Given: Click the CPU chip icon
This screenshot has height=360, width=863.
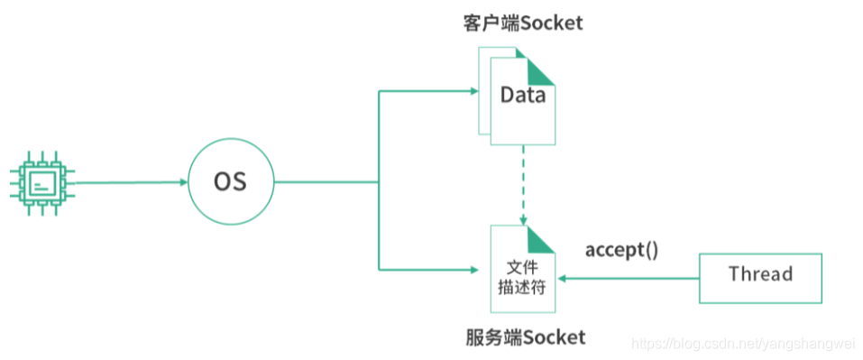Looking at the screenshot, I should click(x=41, y=183).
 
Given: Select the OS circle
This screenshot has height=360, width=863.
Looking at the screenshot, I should click(x=230, y=181).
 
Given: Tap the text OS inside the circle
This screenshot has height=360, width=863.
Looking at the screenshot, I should click(x=230, y=181).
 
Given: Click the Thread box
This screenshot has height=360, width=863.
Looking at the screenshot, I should click(x=760, y=274).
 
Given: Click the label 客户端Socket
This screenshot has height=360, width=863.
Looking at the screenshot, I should click(x=517, y=23).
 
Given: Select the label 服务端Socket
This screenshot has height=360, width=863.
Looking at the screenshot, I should click(x=526, y=337).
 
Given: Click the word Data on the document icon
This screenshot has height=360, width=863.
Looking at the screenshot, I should click(x=523, y=95).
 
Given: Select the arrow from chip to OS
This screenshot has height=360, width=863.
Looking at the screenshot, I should click(x=126, y=182).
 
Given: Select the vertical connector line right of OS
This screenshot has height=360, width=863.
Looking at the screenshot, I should click(x=379, y=180).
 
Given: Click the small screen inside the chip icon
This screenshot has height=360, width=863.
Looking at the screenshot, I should click(x=41, y=184).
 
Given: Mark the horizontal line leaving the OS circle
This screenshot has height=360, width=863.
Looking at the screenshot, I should click(x=325, y=181).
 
